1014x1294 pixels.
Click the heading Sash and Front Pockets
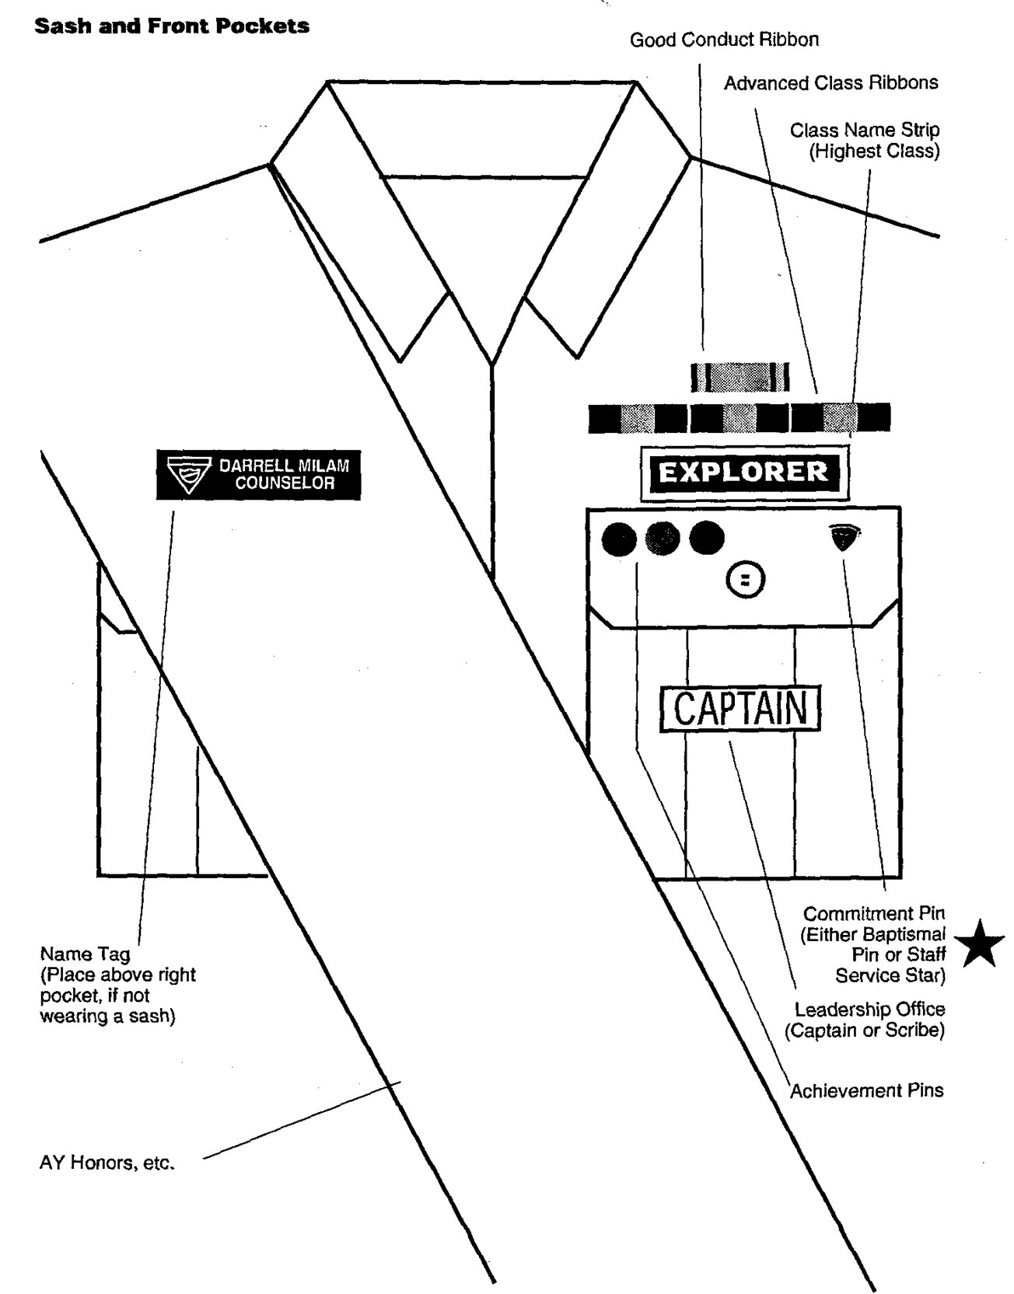tap(172, 26)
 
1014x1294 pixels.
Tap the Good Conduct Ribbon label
tap(724, 40)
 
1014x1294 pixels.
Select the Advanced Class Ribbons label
tap(830, 83)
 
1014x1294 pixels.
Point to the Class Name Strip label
tap(865, 141)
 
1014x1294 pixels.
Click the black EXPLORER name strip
tap(743, 472)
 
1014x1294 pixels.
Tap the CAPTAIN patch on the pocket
tap(740, 708)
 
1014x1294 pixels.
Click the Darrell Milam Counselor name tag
tap(258, 475)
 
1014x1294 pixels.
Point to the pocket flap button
tap(746, 580)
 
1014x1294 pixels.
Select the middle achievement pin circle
tap(663, 539)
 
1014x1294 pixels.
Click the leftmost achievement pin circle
tap(619, 539)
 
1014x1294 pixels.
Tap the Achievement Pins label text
tap(866, 1090)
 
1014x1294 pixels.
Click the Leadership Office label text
tap(869, 1020)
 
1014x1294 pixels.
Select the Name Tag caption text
tap(117, 985)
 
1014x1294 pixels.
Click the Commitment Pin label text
tap(874, 943)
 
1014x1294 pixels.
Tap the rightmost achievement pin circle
tap(707, 539)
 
